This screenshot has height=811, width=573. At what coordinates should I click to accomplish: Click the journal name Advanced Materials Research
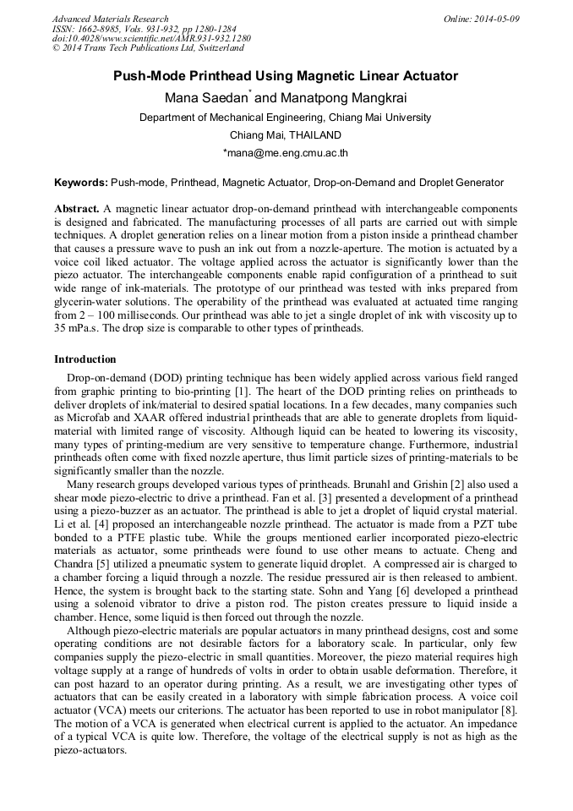pos(111,19)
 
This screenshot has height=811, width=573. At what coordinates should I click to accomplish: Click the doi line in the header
pos(151,39)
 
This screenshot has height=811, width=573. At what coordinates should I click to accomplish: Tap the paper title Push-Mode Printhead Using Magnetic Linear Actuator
pos(286,76)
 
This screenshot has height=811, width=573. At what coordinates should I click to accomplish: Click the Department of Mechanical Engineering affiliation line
pos(286,118)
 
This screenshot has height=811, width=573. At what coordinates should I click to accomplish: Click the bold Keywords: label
pos(81,182)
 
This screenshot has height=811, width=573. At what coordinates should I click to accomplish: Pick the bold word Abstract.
pos(77,208)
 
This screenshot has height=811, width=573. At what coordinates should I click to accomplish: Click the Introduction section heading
pos(85,359)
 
